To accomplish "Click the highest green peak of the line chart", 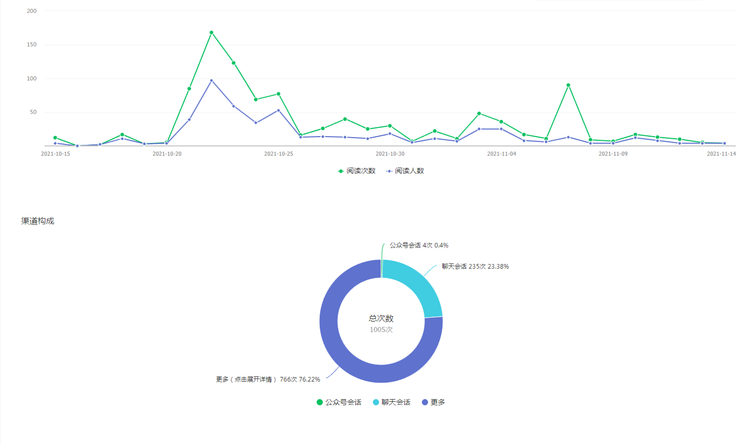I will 211,32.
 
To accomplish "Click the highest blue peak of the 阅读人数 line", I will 211,80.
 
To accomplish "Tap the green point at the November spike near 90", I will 568,85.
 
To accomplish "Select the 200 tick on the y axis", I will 32,11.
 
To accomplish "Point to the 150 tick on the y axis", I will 32,45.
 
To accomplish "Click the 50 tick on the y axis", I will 34,112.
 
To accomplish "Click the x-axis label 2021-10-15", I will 56,154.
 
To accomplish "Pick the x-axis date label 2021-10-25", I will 278,154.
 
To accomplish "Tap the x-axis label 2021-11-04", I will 501,154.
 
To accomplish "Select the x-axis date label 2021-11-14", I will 721,154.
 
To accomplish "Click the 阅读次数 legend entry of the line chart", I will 356,171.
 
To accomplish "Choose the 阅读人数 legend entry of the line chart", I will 405,171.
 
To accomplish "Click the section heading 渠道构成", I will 38,221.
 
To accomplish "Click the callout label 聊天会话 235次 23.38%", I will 475,267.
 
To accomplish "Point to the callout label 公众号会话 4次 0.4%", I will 419,245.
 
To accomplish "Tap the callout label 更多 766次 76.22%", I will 268,380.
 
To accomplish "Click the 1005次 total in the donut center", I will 381,329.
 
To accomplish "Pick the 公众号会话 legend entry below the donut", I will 339,402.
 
